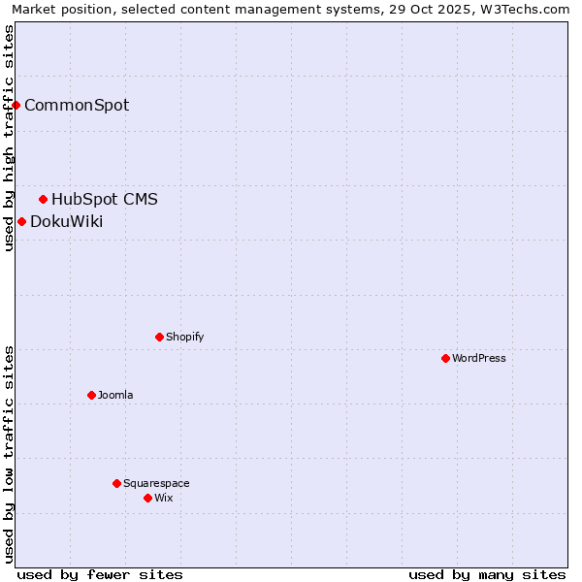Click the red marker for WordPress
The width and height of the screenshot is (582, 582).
[445, 358]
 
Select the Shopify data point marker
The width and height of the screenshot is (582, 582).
[159, 337]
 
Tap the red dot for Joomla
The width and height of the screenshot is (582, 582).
[91, 395]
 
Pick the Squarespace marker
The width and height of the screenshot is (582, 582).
[116, 483]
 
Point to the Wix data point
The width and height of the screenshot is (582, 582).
[147, 498]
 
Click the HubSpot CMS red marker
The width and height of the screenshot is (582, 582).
[43, 199]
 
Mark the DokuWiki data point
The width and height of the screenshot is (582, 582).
[21, 221]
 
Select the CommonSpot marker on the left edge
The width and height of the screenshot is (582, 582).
[16, 105]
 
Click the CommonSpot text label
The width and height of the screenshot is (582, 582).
[77, 105]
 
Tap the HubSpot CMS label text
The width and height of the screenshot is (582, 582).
[105, 199]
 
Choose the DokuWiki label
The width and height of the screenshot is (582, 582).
[66, 221]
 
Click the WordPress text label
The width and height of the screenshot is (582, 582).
[479, 358]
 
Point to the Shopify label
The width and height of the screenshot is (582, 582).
[184, 337]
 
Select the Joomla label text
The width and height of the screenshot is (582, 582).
[115, 395]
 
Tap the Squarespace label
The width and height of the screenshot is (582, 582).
[156, 483]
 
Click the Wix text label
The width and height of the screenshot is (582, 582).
[163, 498]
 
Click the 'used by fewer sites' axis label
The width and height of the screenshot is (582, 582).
[100, 574]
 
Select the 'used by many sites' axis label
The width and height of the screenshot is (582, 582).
[487, 574]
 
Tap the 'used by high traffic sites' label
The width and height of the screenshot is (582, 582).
[9, 138]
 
